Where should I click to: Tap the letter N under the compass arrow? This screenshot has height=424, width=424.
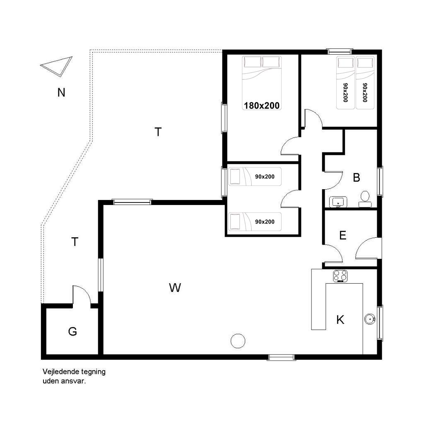(61, 93)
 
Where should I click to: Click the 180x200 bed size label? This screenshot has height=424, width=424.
(262, 106)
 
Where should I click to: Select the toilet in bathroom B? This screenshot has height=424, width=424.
(365, 199)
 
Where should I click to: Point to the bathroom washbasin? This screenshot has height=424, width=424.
(338, 202)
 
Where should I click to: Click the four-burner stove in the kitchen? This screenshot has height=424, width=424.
(340, 276)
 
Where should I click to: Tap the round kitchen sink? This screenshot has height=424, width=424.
(370, 319)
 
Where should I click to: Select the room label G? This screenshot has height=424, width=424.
(72, 331)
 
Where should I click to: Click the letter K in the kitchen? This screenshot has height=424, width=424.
(340, 320)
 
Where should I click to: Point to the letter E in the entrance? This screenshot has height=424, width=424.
(342, 236)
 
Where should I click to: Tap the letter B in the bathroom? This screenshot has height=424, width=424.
(357, 178)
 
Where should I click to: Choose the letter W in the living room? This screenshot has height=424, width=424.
(175, 288)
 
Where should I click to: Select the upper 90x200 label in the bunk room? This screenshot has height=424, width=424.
(265, 176)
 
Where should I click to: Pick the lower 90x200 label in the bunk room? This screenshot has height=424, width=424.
(265, 222)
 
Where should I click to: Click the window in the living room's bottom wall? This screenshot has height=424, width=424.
(281, 358)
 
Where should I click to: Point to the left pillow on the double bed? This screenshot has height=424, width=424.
(253, 62)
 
